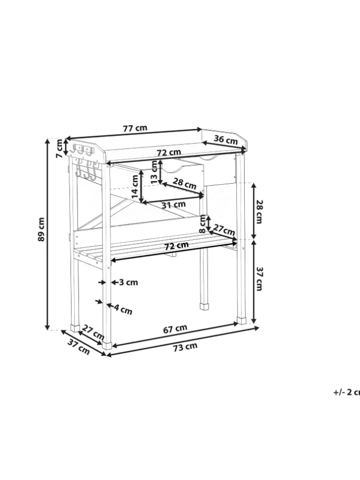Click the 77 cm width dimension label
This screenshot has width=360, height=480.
135,128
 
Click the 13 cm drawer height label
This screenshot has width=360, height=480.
154,171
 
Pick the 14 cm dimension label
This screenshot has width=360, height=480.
135,187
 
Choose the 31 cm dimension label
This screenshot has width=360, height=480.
173,205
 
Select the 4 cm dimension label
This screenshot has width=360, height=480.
123,309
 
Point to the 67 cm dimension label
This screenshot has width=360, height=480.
175,329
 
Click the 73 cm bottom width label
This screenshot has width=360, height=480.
185,346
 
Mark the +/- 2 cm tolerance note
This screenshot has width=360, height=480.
346,392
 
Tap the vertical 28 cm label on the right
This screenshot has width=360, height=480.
258,211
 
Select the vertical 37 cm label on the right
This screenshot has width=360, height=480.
258,279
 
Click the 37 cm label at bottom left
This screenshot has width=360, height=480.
79,347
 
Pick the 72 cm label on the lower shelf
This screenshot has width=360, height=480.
176,245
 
